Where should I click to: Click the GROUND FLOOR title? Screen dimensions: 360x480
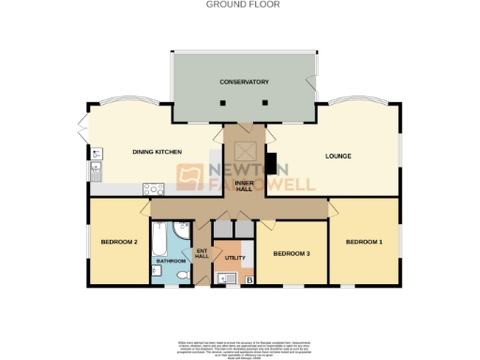pos(239,5)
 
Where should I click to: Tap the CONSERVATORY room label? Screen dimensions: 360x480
pos(244,82)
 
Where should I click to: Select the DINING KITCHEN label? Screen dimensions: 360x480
pos(156,152)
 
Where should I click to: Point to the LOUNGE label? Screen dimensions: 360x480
pos(337,156)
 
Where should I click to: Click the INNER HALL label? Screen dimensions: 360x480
pos(244,185)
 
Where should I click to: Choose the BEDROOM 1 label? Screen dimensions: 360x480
pos(364,242)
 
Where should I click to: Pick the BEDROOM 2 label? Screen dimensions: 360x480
pos(120,243)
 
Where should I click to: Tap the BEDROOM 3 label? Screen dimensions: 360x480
pos(292,254)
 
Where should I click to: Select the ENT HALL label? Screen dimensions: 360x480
pos(201,254)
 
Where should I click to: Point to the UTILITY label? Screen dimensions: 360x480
pos(234,256)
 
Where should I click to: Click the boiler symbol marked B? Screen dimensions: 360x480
pos(248,278)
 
